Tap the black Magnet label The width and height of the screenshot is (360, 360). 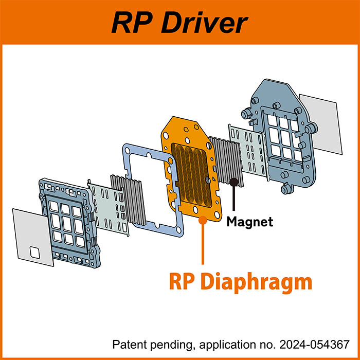click(250, 222)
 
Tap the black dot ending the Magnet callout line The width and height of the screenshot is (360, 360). click(235, 181)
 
